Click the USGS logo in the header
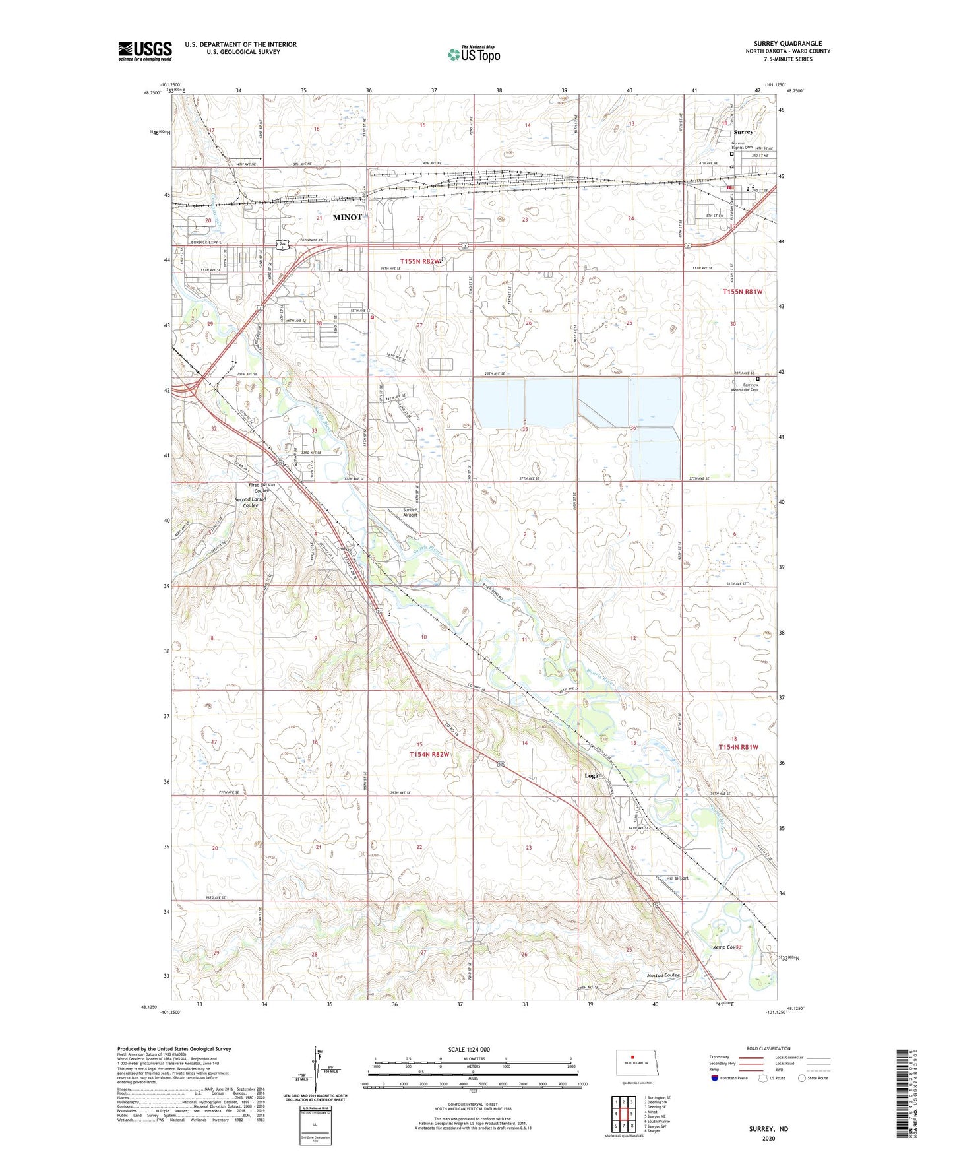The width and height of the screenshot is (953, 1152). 144,51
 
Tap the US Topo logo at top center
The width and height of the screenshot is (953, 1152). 473,55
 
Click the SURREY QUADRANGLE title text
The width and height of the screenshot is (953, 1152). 787,44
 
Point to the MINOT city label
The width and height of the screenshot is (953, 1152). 347,217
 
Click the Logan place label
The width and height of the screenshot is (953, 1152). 593,776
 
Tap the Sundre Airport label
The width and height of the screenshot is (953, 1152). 410,512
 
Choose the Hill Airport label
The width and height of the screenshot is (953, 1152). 677,878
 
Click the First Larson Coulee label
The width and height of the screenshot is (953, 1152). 262,488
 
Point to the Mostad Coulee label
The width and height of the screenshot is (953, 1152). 663,975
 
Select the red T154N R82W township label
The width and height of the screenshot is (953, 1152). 429,754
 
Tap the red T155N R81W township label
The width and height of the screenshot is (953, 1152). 743,291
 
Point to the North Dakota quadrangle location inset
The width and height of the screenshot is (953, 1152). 636,1064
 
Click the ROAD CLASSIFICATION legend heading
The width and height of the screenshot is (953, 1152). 768,1048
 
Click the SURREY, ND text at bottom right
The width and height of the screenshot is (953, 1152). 768,1129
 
